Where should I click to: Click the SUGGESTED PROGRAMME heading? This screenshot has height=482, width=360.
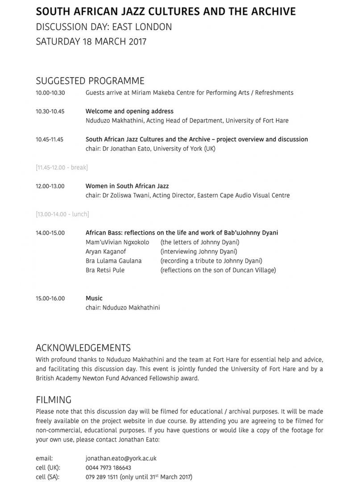(x=90, y=81)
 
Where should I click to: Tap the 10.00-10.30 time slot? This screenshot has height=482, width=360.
(x=50, y=93)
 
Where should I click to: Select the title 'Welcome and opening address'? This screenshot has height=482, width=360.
(x=129, y=111)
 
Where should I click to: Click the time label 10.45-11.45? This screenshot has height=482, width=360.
(x=50, y=139)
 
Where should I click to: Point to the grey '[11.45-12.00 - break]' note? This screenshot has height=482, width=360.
(x=62, y=167)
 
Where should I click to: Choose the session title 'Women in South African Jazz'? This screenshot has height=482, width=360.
(x=127, y=186)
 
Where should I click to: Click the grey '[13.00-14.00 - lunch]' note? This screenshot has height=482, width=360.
(x=62, y=214)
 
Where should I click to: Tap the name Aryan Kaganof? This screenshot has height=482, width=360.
(x=105, y=251)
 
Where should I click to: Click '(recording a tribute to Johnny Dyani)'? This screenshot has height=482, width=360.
(x=211, y=261)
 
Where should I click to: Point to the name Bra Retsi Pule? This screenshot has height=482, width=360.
(x=105, y=270)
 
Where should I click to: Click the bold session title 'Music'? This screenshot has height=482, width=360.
(x=94, y=298)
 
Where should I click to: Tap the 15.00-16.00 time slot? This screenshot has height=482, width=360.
(x=50, y=298)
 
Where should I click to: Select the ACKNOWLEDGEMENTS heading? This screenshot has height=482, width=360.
(x=83, y=348)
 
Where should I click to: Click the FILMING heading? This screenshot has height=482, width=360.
(x=54, y=399)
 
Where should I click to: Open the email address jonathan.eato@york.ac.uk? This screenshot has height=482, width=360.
(x=121, y=458)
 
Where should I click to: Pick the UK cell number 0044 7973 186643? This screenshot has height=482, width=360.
(x=108, y=468)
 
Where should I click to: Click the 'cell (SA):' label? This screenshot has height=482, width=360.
(x=48, y=477)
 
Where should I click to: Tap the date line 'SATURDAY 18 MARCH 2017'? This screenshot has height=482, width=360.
(x=91, y=42)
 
